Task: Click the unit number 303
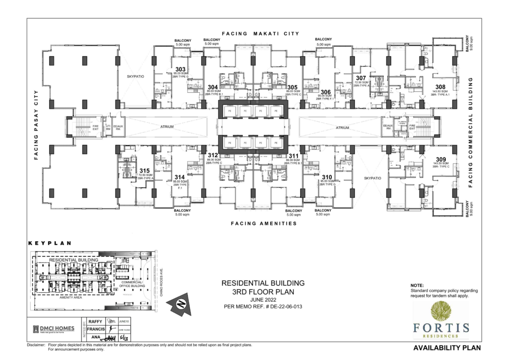(181, 69)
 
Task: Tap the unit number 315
(145, 171)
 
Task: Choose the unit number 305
(292, 87)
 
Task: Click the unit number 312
(213, 155)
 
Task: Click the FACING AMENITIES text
(263, 223)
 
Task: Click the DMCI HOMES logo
(53, 329)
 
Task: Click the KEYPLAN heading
(49, 244)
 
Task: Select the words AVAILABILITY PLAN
(447, 348)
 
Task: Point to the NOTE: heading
(417, 286)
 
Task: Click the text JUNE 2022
(263, 299)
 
